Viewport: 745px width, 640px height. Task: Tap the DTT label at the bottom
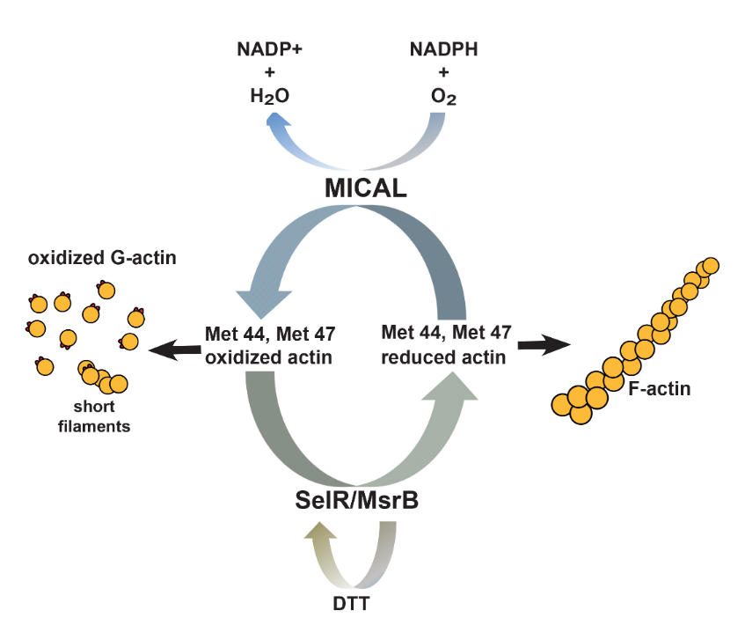[354, 605]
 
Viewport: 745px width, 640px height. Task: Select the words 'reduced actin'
[444, 357]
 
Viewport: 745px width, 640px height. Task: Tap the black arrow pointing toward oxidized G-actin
[172, 350]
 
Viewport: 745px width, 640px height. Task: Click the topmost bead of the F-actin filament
[711, 265]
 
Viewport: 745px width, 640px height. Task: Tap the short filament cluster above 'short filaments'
[101, 379]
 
